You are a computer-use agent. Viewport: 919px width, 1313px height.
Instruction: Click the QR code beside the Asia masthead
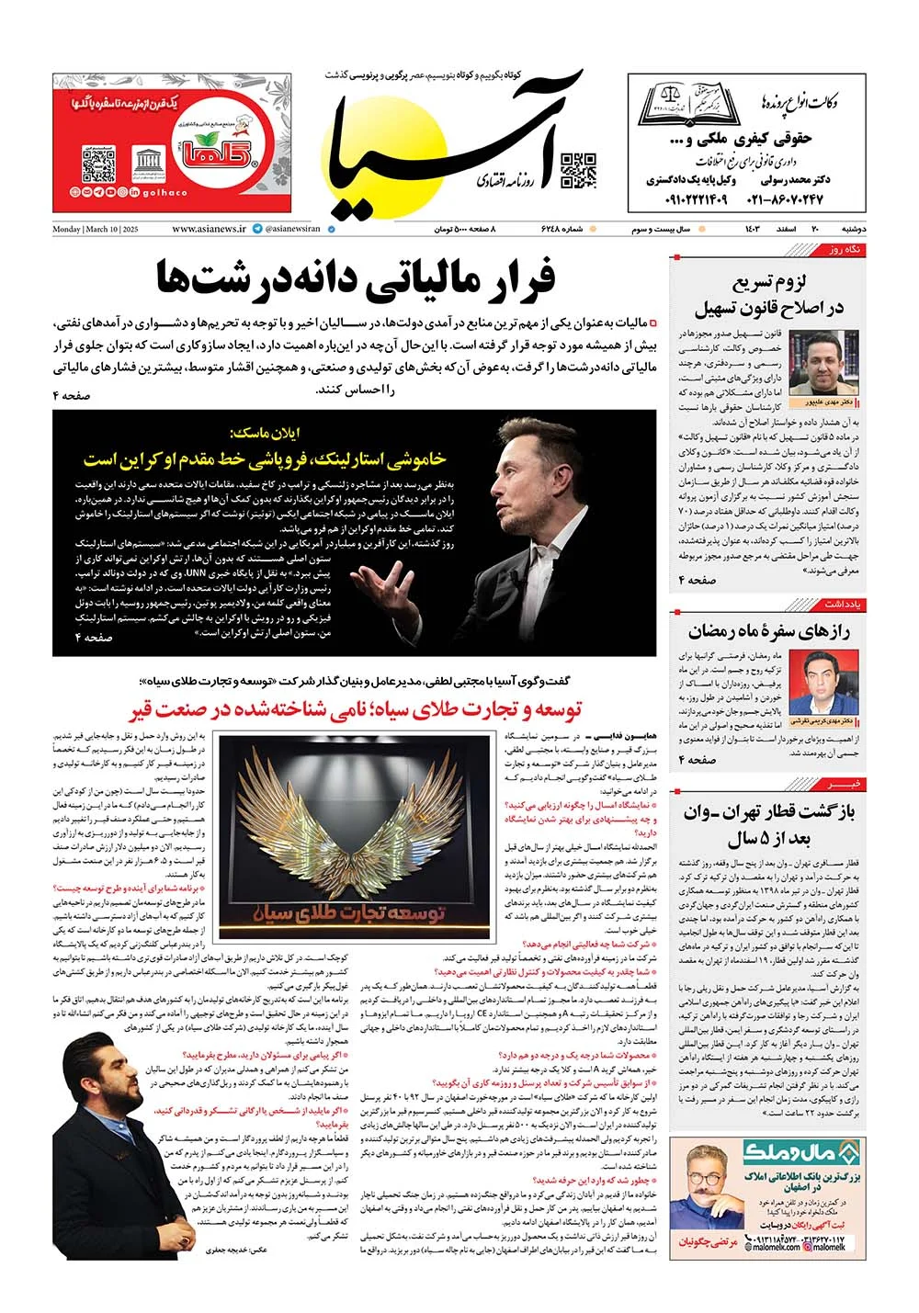pos(578,171)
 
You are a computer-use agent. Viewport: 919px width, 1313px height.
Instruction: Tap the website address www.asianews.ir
pos(209,229)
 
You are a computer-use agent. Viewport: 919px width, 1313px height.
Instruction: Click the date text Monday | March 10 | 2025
pos(96,229)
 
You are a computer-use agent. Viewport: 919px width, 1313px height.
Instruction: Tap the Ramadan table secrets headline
pos(768,631)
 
